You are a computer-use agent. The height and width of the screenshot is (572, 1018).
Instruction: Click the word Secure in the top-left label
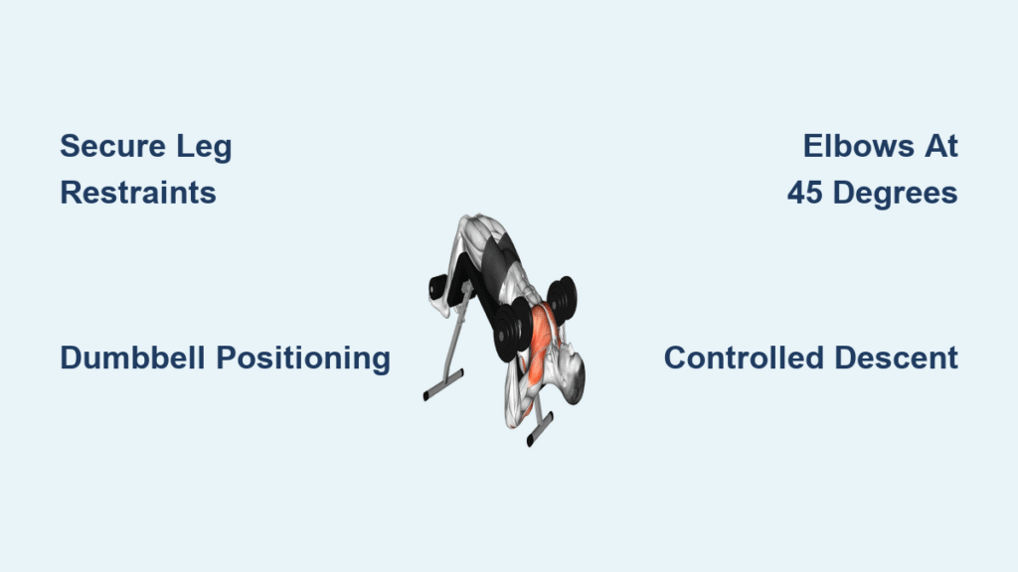point(113,146)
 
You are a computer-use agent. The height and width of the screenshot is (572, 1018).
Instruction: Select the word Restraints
point(137,193)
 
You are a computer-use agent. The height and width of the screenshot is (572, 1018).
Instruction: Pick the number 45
point(805,193)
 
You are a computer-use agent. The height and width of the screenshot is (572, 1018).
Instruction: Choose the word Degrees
point(896,194)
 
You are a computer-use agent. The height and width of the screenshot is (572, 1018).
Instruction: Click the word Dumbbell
point(133,357)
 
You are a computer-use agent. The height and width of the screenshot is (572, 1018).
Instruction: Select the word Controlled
point(744,357)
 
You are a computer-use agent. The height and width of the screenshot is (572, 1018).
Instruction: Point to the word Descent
point(897,357)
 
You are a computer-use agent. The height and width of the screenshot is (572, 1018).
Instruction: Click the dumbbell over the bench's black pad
point(513,329)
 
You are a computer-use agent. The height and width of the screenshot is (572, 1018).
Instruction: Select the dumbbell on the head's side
point(563,299)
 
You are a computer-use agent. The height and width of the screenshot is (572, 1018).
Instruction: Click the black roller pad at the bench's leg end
point(438,287)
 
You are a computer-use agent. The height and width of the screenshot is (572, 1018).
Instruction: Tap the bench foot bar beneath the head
point(540,429)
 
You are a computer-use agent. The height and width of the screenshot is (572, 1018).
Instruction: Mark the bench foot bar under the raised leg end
point(443,385)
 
